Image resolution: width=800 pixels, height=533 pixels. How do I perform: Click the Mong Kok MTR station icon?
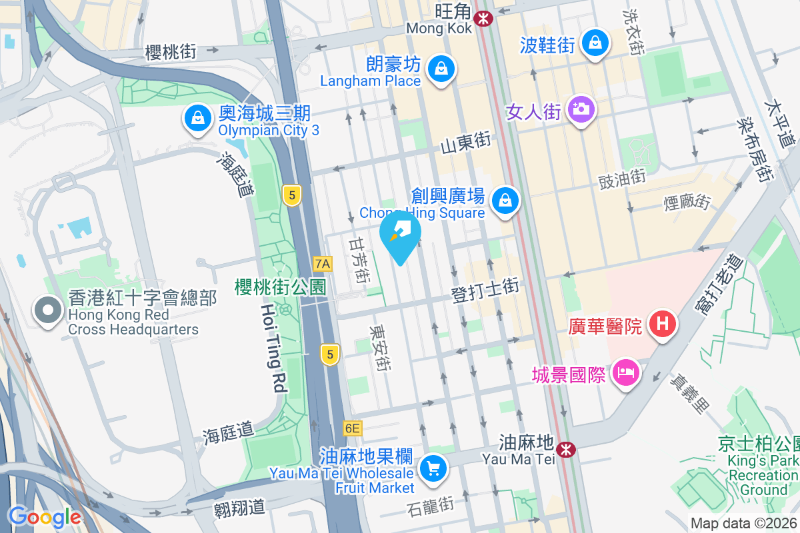pos(483,18)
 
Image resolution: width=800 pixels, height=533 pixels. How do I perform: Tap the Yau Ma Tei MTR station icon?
pos(567,450)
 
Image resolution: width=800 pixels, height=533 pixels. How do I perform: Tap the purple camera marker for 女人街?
pos(581,108)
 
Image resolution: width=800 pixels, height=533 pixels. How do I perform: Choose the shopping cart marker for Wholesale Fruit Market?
pos(434,468)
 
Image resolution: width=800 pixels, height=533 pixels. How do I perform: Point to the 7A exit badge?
pos(323,263)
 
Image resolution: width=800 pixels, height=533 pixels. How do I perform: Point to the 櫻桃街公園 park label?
pos(280,287)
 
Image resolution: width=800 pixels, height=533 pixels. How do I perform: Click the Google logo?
pos(45,516)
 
